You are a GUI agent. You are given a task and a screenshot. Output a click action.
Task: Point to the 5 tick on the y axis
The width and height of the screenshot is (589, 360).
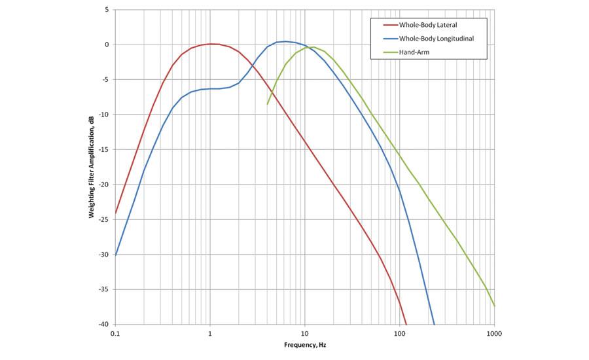click(x=106, y=10)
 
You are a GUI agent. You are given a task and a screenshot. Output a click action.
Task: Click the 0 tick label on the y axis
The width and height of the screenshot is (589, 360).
click(x=106, y=45)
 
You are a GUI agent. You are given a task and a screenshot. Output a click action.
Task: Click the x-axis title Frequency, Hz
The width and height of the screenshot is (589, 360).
click(x=304, y=345)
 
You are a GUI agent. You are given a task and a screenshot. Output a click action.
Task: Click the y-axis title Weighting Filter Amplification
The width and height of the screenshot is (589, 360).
click(x=92, y=167)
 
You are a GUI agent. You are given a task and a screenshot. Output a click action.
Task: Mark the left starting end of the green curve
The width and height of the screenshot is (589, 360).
click(x=267, y=104)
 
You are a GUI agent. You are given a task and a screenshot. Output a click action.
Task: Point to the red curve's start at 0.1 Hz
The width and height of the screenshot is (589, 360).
click(x=116, y=213)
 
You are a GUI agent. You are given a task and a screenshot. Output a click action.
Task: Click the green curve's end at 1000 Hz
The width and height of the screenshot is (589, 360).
click(x=494, y=306)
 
